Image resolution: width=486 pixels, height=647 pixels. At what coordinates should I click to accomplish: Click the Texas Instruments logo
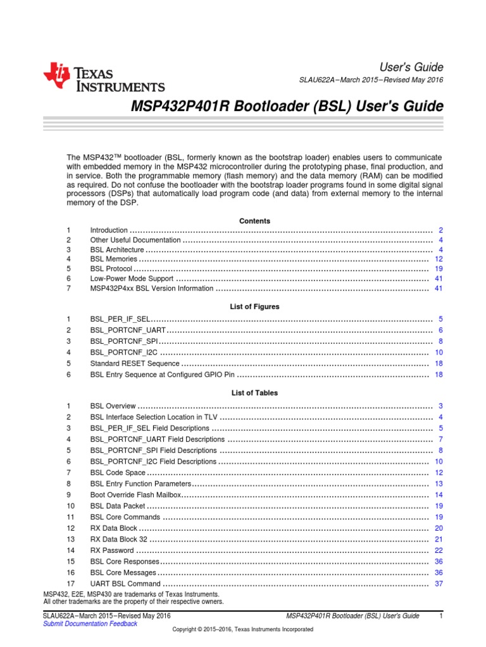point(104,78)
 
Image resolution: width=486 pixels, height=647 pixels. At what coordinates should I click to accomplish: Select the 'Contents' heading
point(254,221)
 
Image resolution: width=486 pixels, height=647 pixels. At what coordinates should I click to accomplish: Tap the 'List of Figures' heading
point(254,306)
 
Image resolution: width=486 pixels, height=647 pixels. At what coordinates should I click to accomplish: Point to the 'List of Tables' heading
point(254,393)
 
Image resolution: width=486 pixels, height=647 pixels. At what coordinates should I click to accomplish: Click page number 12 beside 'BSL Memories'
point(439,260)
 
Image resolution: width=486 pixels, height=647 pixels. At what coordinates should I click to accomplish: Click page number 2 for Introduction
point(440,231)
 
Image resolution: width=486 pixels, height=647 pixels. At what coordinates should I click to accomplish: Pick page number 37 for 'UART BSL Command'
point(439,583)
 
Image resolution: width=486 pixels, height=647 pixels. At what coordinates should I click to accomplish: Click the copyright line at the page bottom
point(243,629)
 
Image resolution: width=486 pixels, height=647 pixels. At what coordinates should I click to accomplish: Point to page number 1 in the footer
point(440,616)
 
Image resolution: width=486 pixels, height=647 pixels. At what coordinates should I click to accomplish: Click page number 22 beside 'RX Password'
point(439,550)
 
